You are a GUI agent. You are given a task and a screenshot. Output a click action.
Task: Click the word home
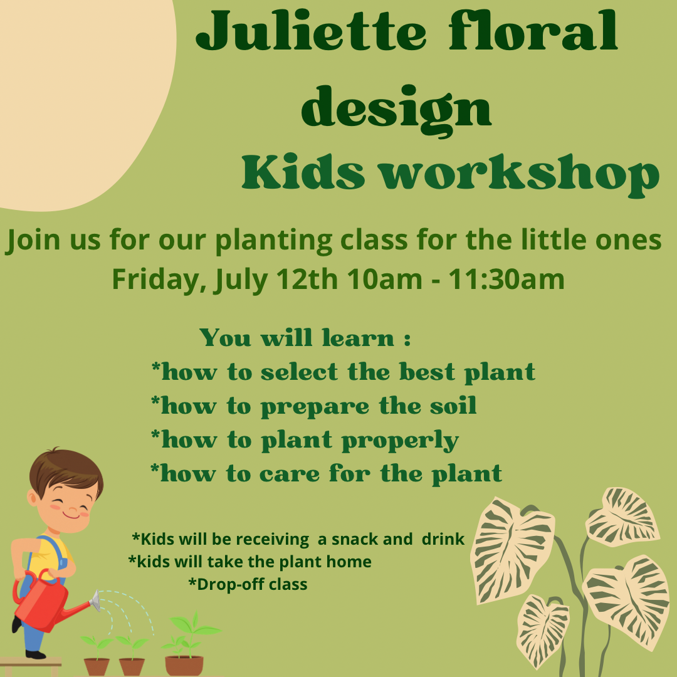(350, 562)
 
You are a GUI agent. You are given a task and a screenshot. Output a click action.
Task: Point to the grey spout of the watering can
(95, 601)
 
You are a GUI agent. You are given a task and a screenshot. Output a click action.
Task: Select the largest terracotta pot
(184, 664)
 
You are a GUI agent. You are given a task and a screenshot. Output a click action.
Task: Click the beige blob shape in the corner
(75, 94)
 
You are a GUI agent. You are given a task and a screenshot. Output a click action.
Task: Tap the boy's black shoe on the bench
(35, 654)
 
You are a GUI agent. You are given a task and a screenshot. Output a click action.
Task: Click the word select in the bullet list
(299, 372)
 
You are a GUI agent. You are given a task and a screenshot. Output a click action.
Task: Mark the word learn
(357, 338)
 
